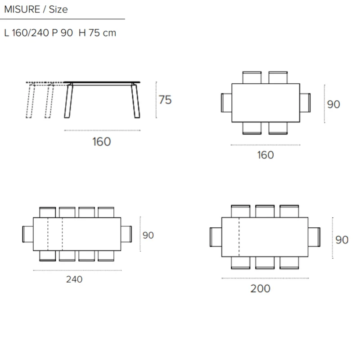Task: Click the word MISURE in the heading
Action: tap(22, 9)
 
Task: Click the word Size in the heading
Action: tap(58, 9)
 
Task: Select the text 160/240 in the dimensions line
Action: tap(31, 33)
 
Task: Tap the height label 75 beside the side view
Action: tap(165, 100)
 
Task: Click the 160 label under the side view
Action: tap(102, 142)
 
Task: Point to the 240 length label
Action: tap(74, 279)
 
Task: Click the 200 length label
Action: tap(260, 288)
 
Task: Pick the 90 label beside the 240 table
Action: tap(148, 235)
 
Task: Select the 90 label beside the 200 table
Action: tap(342, 240)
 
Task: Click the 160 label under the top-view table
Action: tap(265, 155)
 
